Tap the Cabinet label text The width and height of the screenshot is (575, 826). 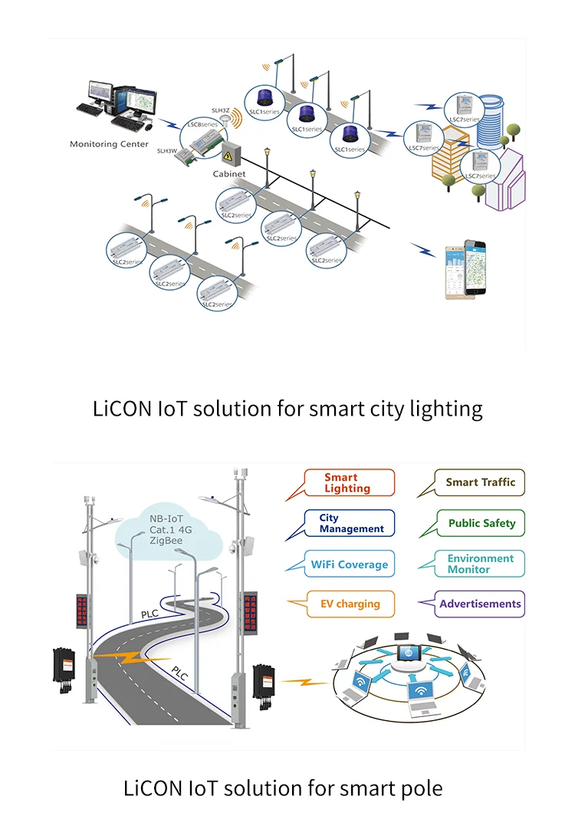[x=229, y=174]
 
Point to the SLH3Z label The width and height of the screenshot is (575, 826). [x=220, y=110]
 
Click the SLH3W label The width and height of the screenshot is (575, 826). [x=166, y=151]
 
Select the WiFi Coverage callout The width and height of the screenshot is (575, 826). [x=350, y=564]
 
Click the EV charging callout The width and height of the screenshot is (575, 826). [x=350, y=604]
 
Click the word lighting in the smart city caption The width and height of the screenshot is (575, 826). [x=449, y=408]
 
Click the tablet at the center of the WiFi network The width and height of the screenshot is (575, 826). [x=409, y=653]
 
